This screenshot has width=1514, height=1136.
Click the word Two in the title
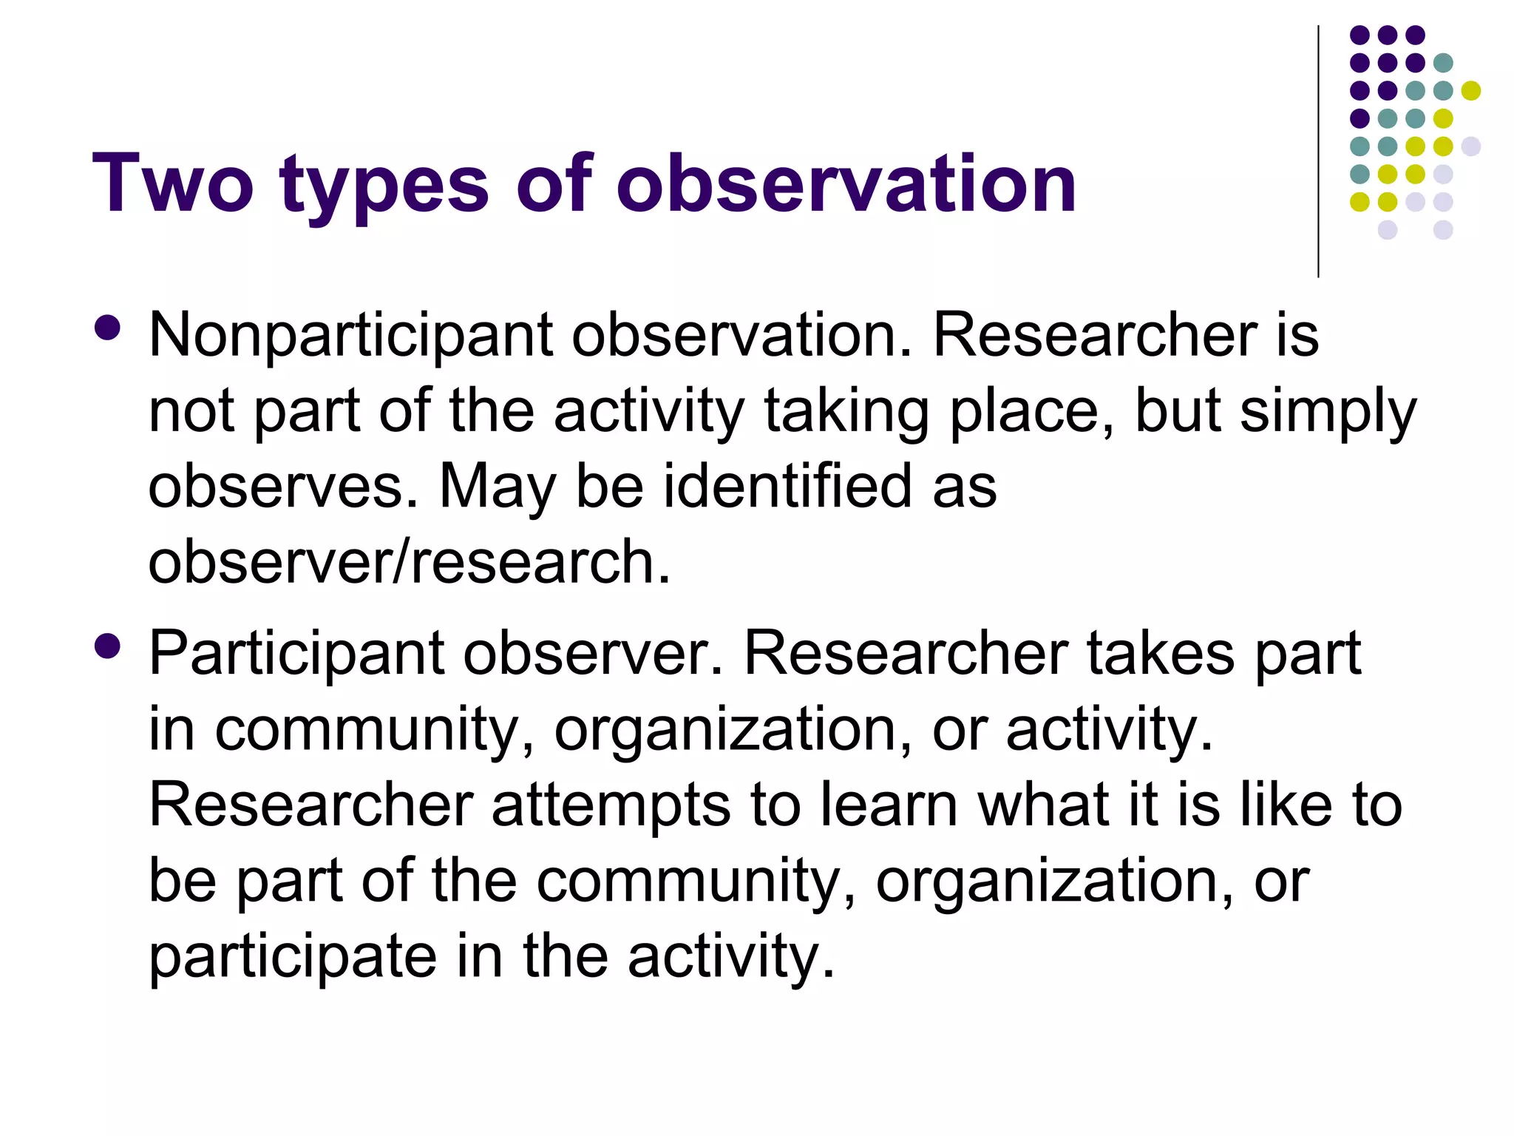[x=172, y=183]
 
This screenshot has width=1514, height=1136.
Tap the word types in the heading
[x=384, y=185]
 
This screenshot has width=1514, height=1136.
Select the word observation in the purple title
[x=846, y=183]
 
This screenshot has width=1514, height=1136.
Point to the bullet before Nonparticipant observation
[x=108, y=328]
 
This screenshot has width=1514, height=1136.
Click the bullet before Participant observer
[x=108, y=646]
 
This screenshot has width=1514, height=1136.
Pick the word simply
[x=1328, y=413]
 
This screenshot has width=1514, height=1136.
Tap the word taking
[x=846, y=413]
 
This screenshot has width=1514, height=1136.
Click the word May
[x=498, y=488]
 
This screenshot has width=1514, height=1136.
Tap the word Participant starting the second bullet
[x=296, y=655]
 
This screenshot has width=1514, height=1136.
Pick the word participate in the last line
[x=293, y=958]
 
